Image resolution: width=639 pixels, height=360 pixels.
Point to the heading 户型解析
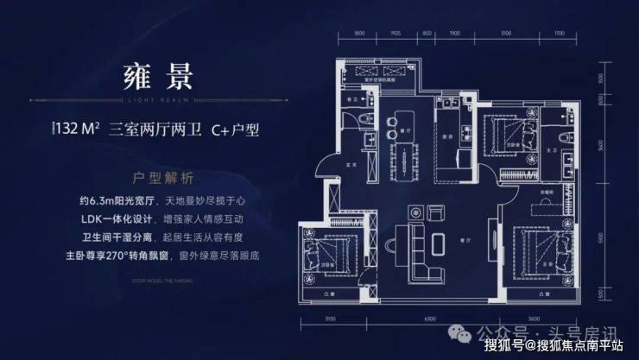tap(150, 173)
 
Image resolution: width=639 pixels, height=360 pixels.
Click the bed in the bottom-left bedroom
tap(313, 256)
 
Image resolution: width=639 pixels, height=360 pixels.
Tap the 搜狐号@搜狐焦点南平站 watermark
tap(559, 346)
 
